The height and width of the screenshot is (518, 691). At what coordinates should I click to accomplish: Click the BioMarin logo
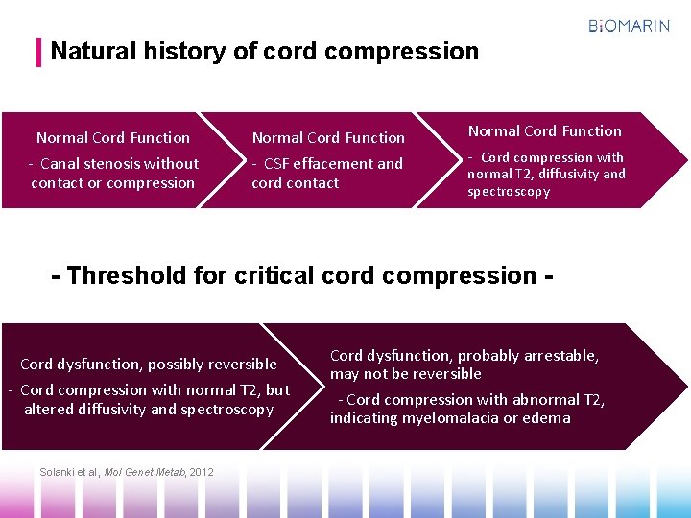(x=629, y=26)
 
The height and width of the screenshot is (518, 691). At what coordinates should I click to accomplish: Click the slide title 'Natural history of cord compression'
(x=264, y=51)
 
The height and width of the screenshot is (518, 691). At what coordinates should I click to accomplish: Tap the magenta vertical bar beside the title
(x=39, y=52)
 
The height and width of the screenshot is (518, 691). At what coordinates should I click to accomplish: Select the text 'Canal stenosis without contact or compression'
(x=113, y=174)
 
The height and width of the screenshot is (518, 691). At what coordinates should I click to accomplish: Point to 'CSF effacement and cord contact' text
(x=326, y=174)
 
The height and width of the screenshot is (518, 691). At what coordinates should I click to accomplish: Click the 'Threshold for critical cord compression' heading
(x=301, y=276)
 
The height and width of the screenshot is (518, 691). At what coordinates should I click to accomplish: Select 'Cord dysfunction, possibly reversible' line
(x=148, y=364)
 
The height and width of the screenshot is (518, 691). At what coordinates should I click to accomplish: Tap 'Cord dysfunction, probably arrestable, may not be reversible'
(x=464, y=365)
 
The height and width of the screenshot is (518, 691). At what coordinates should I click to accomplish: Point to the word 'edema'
(x=547, y=418)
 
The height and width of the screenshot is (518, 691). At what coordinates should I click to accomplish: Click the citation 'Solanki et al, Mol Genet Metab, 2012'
(x=127, y=471)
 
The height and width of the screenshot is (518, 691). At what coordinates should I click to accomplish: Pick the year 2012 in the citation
(x=202, y=471)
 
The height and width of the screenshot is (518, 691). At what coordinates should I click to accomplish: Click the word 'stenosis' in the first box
(x=113, y=164)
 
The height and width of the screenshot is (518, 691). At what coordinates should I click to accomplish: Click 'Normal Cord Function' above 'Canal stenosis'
(x=113, y=138)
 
